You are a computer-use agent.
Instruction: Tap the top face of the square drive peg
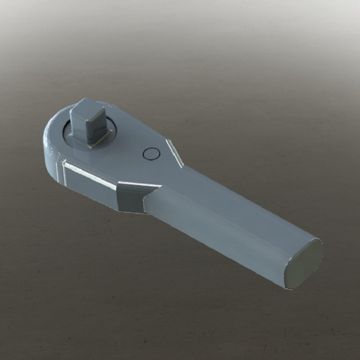[x=87, y=105]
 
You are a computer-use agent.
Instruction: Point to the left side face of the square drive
[x=77, y=125]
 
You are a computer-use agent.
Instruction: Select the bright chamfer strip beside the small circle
[x=174, y=152]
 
